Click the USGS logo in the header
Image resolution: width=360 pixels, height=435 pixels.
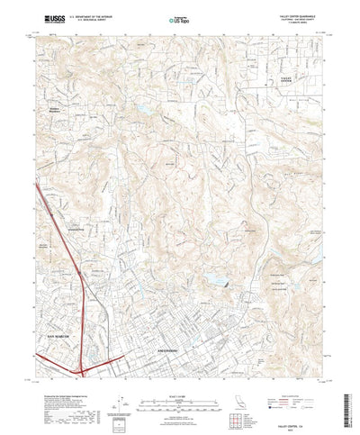[46, 17]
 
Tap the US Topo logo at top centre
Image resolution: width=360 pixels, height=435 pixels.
[180, 18]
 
